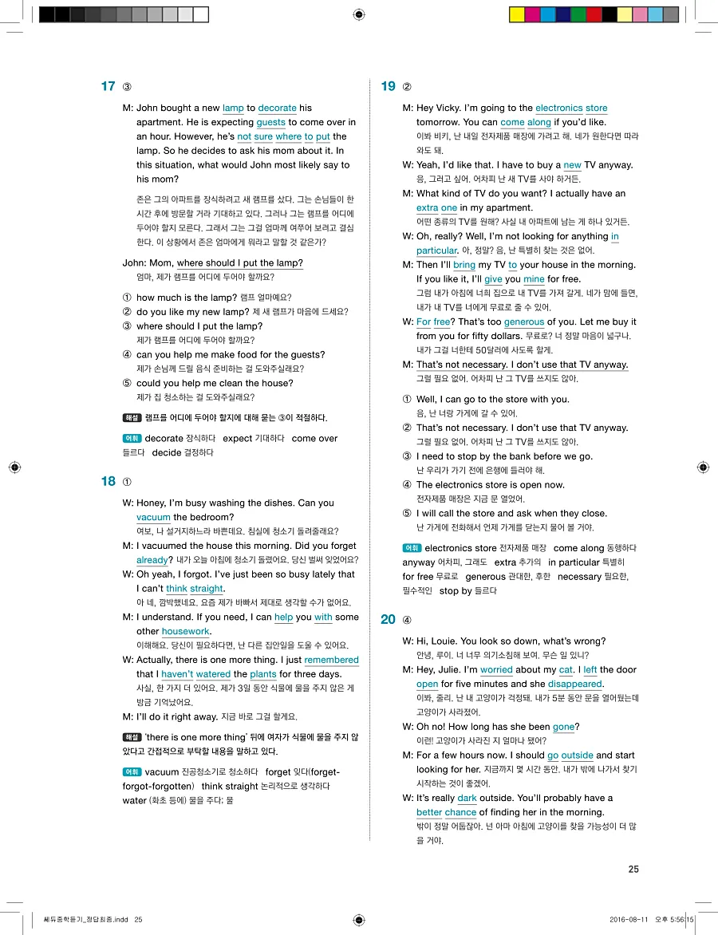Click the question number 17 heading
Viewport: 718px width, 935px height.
coord(108,86)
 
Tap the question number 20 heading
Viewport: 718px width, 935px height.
coord(388,619)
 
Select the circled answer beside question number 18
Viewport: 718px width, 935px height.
coord(128,482)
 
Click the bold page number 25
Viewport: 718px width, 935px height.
coord(633,870)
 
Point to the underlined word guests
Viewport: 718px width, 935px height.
coord(270,122)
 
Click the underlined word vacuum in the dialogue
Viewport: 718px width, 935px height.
coord(153,517)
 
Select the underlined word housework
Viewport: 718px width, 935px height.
coord(185,631)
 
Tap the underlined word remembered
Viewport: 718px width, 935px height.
coord(331,660)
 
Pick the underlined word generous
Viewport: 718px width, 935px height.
coord(524,322)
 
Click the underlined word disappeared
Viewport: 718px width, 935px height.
coord(574,684)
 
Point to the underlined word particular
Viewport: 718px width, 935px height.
coord(436,251)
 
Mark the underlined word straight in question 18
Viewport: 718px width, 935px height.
coord(207,589)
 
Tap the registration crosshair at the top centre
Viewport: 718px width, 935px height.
coord(359,14)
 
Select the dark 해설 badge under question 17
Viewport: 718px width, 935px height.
coord(132,417)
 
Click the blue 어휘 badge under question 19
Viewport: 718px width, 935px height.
coord(412,548)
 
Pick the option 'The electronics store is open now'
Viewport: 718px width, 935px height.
coord(489,484)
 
